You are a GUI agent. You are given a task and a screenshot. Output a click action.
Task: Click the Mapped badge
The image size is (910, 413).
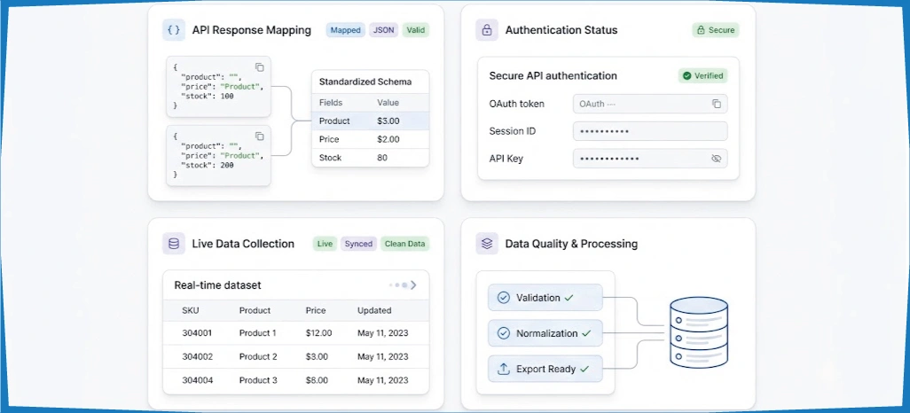[x=345, y=30]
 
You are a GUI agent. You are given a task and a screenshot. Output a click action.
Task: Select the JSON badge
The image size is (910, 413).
[x=384, y=30]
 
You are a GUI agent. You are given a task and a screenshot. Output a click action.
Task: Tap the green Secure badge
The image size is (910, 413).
[x=716, y=30]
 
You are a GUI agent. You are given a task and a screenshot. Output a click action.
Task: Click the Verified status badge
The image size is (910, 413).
[x=702, y=75]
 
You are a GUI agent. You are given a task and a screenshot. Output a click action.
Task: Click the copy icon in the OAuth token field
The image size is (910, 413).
[x=717, y=104]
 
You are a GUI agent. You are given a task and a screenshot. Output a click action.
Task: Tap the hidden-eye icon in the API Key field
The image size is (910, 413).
[x=716, y=159]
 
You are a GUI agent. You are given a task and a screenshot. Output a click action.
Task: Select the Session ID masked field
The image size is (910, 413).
[x=650, y=131]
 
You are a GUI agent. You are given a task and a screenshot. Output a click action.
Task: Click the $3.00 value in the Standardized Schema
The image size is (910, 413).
[x=388, y=121]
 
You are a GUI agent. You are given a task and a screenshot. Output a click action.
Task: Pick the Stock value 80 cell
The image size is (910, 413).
[x=382, y=158]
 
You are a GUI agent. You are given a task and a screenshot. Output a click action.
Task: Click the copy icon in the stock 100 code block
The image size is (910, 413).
[x=259, y=67]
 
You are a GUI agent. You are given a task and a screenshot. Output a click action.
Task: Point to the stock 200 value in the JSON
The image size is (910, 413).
[x=227, y=166]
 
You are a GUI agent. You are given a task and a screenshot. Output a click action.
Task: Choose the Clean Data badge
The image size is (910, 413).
[x=404, y=244]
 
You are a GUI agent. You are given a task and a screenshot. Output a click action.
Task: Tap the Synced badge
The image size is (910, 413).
[x=358, y=244]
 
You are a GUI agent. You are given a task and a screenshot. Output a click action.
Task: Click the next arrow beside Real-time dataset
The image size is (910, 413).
[x=413, y=284]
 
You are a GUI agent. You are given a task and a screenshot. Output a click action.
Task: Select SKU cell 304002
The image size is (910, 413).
[x=197, y=357]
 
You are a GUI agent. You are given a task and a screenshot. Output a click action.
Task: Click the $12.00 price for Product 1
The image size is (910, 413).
[x=319, y=333]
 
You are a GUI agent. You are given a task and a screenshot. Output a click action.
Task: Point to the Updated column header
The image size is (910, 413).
[x=374, y=310]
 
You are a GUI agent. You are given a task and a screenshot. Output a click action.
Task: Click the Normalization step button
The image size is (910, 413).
[x=545, y=333]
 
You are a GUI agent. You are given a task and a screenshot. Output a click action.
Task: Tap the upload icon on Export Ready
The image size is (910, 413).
[x=504, y=369]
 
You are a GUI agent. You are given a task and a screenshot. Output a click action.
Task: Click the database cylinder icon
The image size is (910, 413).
[x=699, y=332]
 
